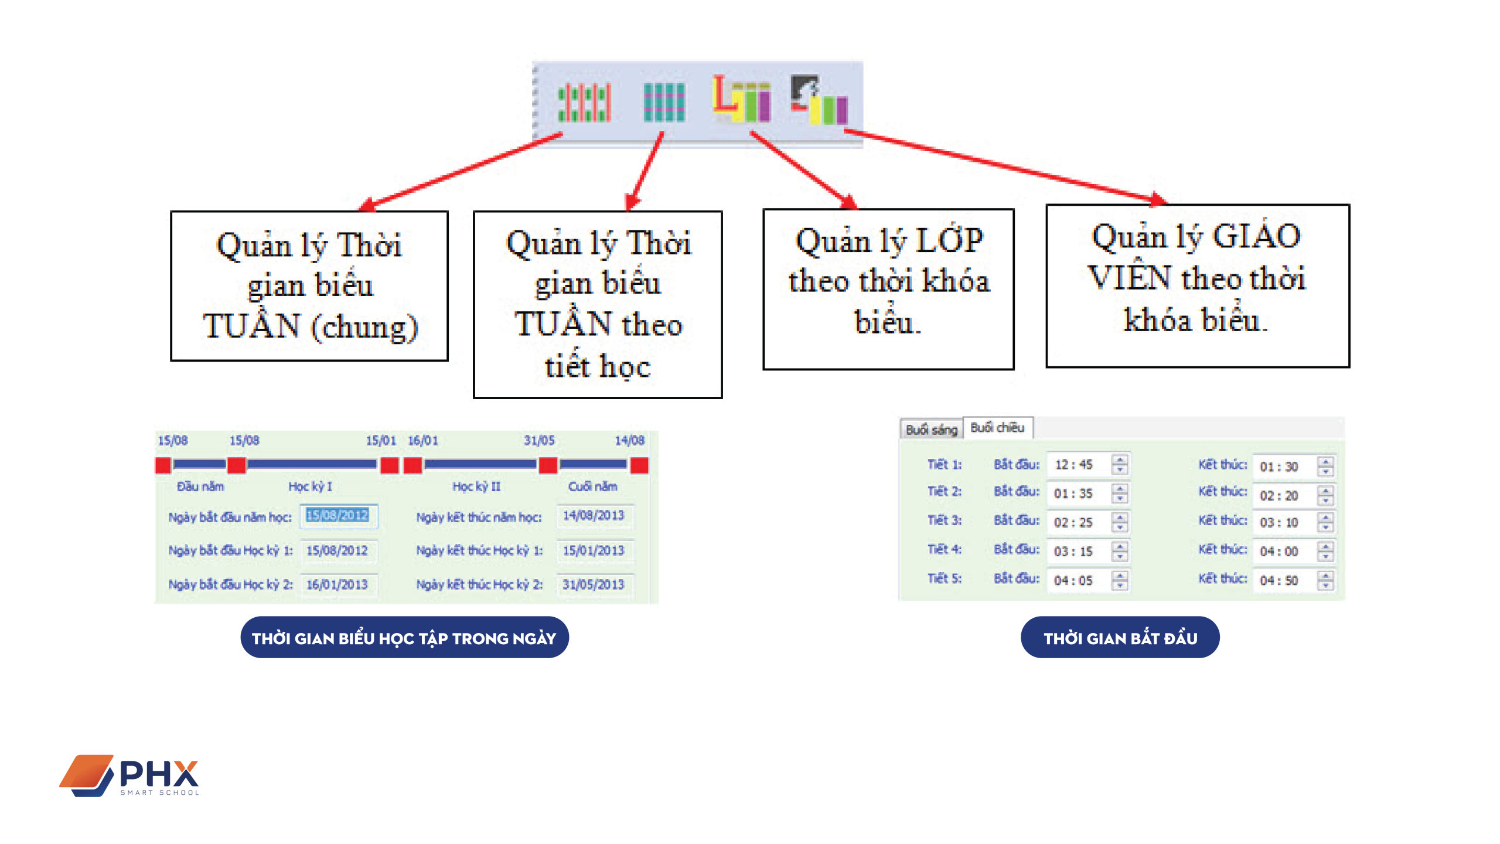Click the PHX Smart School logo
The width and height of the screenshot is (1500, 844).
coord(129,775)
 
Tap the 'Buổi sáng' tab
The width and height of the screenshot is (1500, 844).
coord(931,430)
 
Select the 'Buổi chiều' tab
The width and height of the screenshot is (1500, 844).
coord(997,428)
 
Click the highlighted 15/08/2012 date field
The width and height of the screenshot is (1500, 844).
coord(338,516)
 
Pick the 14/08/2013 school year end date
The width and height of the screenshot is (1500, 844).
coord(594,516)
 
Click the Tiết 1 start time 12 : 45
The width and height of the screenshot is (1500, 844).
coord(1074,465)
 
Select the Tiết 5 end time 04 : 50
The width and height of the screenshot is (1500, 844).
coord(1279,581)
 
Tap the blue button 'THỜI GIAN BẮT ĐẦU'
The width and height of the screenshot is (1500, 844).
coord(1120,638)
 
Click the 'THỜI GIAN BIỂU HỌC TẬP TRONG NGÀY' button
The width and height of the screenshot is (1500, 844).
coord(404,638)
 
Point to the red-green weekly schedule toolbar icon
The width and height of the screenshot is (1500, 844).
coord(584,103)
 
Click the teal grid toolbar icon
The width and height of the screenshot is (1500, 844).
coord(664,103)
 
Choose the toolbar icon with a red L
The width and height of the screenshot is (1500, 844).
coord(741,100)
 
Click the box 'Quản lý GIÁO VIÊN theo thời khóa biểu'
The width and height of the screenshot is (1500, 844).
coord(1197,286)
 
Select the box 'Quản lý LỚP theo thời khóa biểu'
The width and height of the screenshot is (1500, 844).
coord(888,289)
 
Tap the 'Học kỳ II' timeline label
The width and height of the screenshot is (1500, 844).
coord(476,486)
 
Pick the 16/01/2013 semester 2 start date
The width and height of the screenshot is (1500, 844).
coord(337,584)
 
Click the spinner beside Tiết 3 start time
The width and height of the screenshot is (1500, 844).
coord(1120,522)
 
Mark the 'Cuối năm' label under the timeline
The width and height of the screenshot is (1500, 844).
coord(592,486)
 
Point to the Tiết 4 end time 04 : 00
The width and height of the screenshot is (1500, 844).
coord(1279,552)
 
